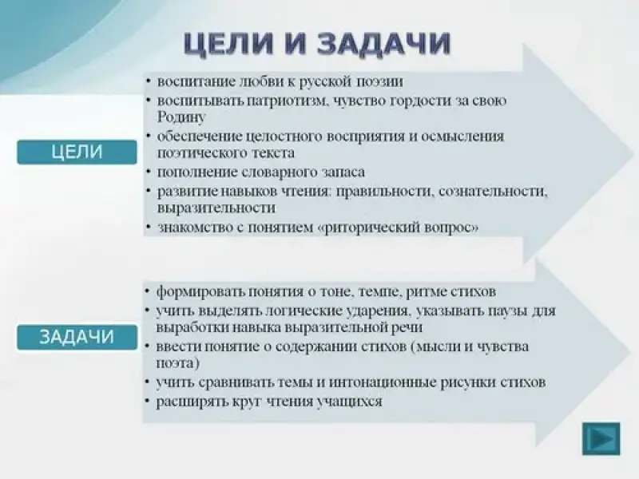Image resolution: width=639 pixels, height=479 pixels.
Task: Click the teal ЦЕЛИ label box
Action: [77, 152]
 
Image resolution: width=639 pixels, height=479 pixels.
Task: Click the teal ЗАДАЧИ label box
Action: [77, 337]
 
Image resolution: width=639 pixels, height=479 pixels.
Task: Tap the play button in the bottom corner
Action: [601, 438]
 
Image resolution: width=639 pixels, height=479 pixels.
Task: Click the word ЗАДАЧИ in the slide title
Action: [383, 43]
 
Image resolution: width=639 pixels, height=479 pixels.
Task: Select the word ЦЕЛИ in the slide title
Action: [228, 43]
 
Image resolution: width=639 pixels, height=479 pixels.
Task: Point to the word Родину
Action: [181, 117]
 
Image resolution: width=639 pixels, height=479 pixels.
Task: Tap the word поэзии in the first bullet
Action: [380, 81]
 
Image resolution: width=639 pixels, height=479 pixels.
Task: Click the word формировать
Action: [200, 291]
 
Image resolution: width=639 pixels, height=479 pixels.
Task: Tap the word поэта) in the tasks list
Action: [178, 363]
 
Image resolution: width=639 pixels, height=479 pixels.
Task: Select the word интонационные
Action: [382, 382]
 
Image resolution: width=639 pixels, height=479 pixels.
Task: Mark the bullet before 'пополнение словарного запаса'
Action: [149, 172]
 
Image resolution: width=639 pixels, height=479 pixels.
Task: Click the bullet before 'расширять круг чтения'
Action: [149, 402]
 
